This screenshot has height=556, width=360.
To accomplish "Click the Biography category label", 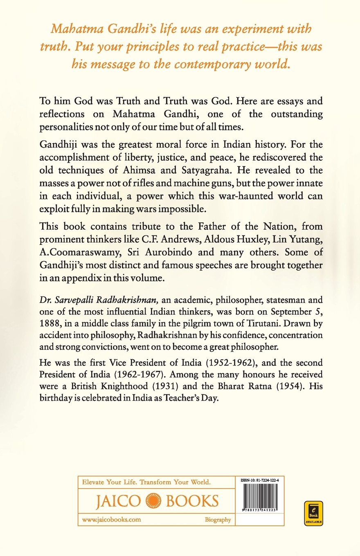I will coord(218,520).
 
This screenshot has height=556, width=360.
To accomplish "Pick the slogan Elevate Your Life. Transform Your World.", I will coord(146,482).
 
